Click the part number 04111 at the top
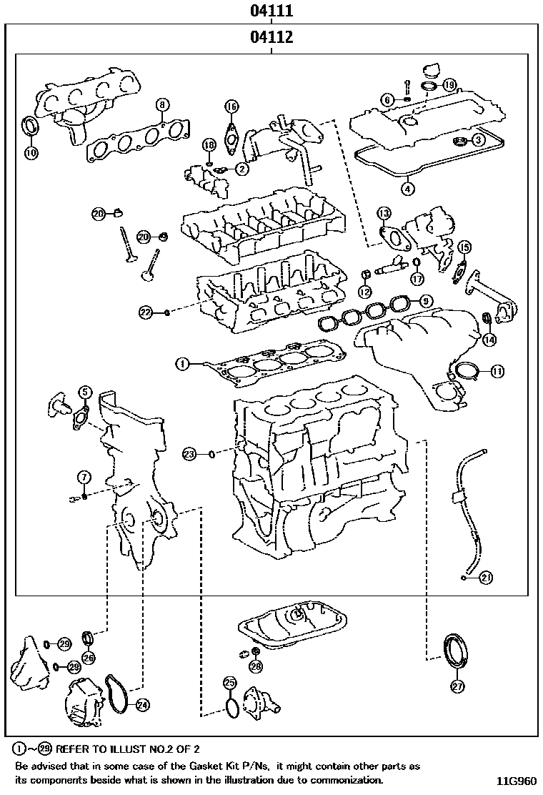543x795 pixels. (271, 11)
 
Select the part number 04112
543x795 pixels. (271, 37)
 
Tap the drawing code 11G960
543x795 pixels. (516, 781)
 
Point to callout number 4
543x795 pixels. (407, 189)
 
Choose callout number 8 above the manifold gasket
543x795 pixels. (162, 105)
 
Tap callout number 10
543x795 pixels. (31, 152)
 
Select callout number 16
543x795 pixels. (231, 107)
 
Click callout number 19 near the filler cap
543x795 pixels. (449, 84)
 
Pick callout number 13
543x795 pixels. (384, 213)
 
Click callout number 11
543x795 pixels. (497, 370)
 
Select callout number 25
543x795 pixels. (229, 682)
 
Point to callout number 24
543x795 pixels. (143, 705)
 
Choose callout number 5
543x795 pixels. (84, 391)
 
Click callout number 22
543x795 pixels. (146, 312)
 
